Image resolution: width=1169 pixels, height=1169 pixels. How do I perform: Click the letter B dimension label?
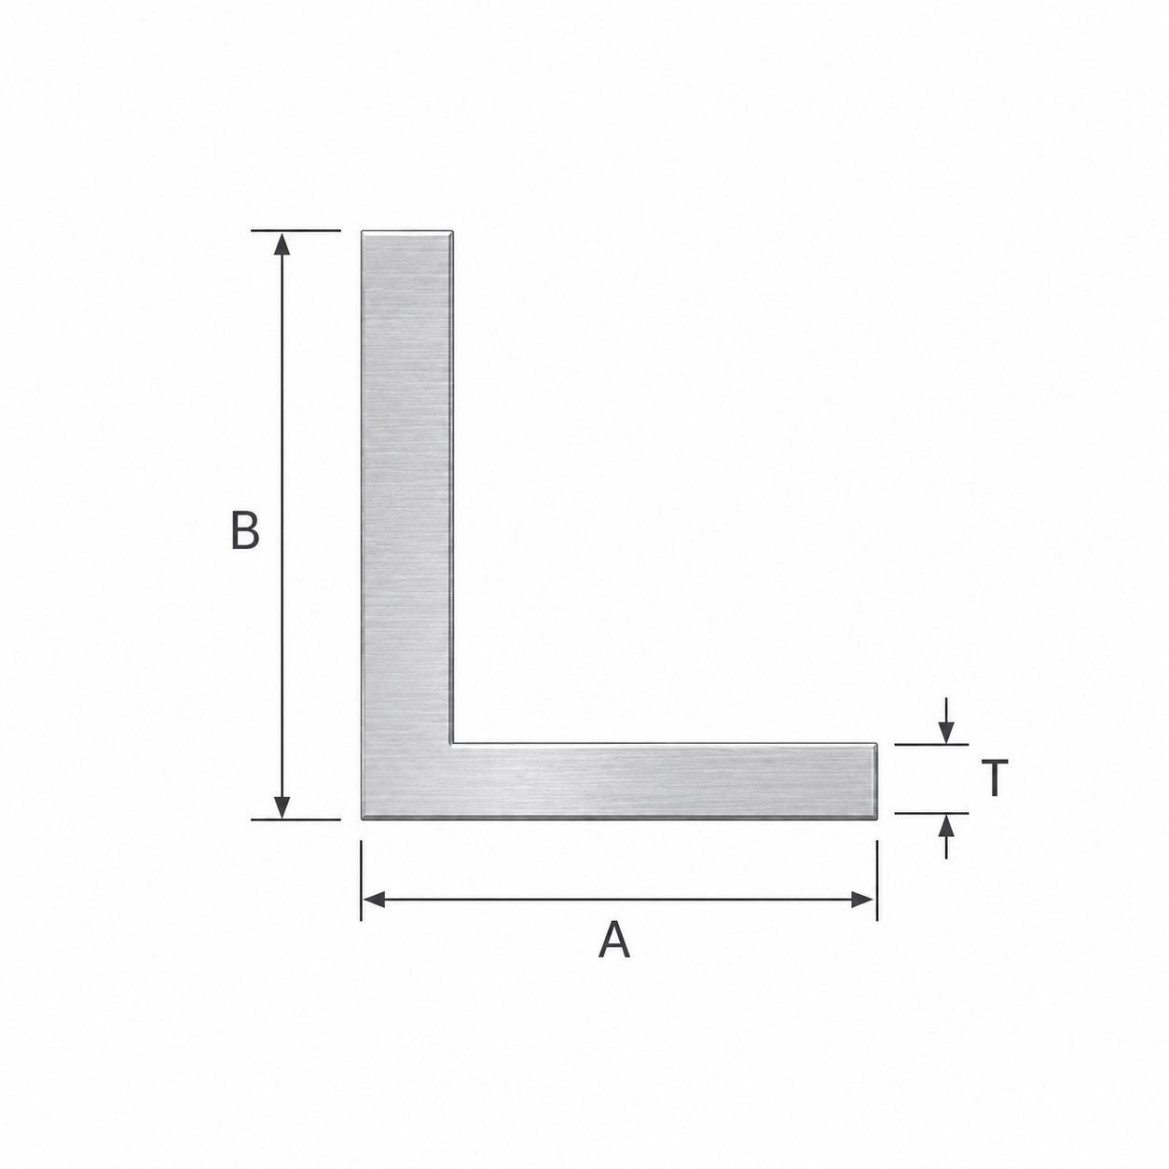coord(245,530)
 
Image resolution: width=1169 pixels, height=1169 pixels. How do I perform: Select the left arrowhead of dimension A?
coord(373,900)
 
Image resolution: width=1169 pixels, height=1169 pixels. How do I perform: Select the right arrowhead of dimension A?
coord(863,900)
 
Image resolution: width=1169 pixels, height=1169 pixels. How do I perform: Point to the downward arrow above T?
coord(946,721)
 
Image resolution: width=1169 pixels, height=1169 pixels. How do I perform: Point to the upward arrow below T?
coord(946,835)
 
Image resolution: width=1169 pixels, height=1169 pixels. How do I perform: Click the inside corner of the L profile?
coord(452,743)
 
